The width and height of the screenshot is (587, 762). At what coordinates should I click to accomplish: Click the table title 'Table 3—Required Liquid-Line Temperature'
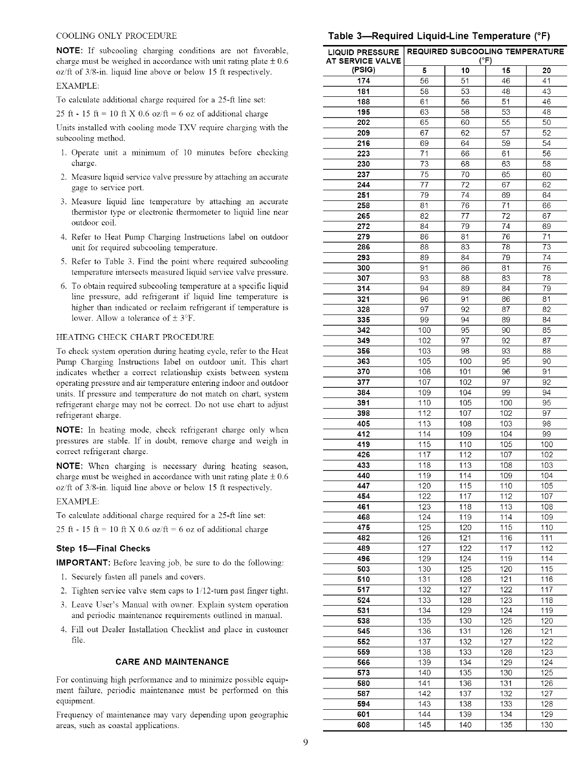[439, 36]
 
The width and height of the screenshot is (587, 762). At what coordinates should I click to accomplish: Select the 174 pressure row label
[363, 81]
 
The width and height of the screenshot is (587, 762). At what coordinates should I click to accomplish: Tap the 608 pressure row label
[363, 725]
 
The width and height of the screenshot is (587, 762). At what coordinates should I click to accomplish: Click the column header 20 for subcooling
[547, 71]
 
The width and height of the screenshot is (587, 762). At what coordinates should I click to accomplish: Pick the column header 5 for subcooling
[424, 71]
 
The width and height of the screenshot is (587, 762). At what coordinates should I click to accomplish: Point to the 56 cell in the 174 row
[424, 81]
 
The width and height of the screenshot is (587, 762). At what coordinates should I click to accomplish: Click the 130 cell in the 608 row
[547, 725]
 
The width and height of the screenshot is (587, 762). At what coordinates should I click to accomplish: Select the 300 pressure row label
[363, 268]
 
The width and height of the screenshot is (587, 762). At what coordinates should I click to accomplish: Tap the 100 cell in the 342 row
[424, 331]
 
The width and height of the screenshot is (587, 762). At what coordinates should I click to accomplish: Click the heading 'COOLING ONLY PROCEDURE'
[116, 36]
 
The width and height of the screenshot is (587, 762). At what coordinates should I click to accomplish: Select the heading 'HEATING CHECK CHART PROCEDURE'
[135, 337]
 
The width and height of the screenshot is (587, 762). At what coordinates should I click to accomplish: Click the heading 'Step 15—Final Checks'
[103, 549]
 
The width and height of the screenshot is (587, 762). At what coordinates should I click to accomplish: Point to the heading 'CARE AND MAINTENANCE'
[172, 662]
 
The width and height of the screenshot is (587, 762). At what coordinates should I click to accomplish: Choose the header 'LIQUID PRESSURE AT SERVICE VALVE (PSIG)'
[363, 61]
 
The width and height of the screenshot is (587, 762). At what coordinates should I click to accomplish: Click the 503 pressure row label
[363, 569]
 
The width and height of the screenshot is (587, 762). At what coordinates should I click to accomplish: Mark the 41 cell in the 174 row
[547, 81]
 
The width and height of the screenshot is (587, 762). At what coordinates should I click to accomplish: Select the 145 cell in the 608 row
[424, 725]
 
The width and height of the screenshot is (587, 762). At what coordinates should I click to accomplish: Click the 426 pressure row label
[363, 455]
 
